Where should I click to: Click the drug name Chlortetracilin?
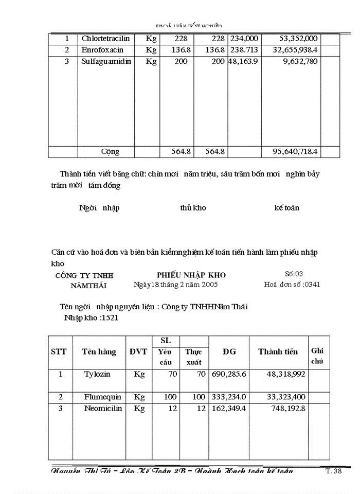(x=105, y=39)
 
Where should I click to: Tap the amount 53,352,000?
(x=298, y=39)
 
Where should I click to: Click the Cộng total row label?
(x=110, y=152)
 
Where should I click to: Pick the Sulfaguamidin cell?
(x=106, y=61)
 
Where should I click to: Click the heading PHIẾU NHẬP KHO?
(x=191, y=275)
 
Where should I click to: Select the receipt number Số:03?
(x=294, y=274)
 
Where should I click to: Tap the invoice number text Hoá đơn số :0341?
(x=292, y=284)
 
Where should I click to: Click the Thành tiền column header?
(x=278, y=352)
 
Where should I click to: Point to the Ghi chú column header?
(x=317, y=356)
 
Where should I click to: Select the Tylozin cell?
(x=97, y=374)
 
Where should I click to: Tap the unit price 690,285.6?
(x=229, y=374)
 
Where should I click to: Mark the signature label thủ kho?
(x=193, y=208)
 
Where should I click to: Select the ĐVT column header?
(x=138, y=352)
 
